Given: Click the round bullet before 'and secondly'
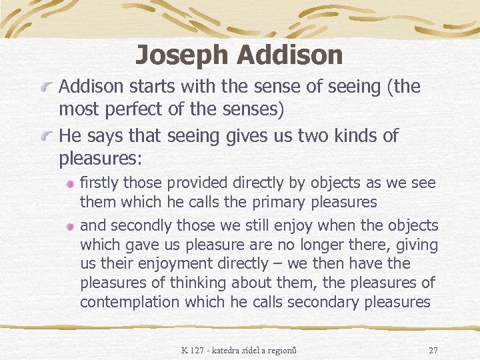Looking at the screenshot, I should point(71,227).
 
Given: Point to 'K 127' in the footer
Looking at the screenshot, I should point(193,350).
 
